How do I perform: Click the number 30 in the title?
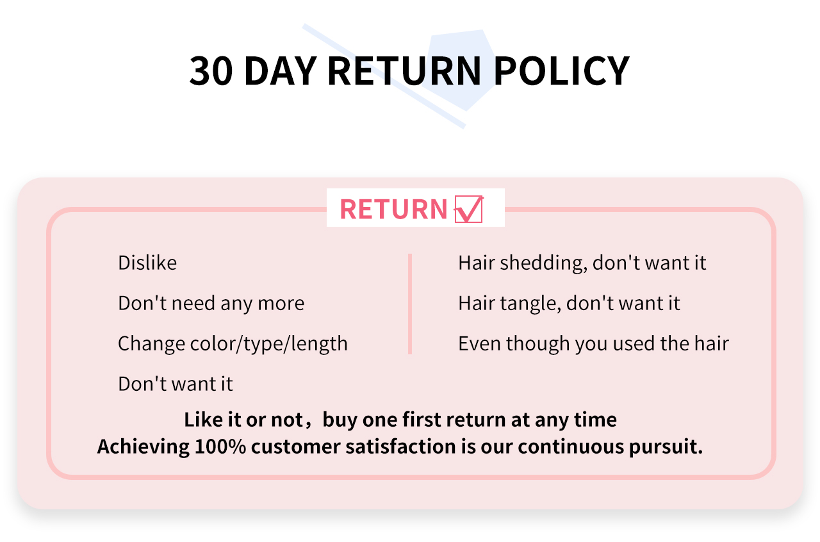pyautogui.click(x=211, y=71)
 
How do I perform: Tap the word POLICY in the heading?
pyautogui.click(x=562, y=71)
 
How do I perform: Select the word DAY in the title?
pyautogui.click(x=280, y=71)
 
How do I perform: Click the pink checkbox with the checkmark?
pyautogui.click(x=468, y=209)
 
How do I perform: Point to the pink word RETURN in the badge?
pyautogui.click(x=393, y=209)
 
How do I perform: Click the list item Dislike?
pyautogui.click(x=147, y=263)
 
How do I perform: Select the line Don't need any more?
pyautogui.click(x=211, y=304)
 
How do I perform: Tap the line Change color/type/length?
pyautogui.click(x=233, y=344)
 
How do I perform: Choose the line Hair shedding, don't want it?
pyautogui.click(x=582, y=263)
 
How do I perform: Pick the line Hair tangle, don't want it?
pyautogui.click(x=570, y=303)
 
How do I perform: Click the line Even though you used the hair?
pyautogui.click(x=593, y=344)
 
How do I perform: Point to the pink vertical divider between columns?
pyautogui.click(x=410, y=304)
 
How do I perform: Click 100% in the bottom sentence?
pyautogui.click(x=220, y=447)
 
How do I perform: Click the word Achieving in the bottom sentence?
pyautogui.click(x=143, y=447)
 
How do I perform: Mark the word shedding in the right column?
pyautogui.click(x=543, y=263)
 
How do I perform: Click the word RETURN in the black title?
pyautogui.click(x=404, y=71)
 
